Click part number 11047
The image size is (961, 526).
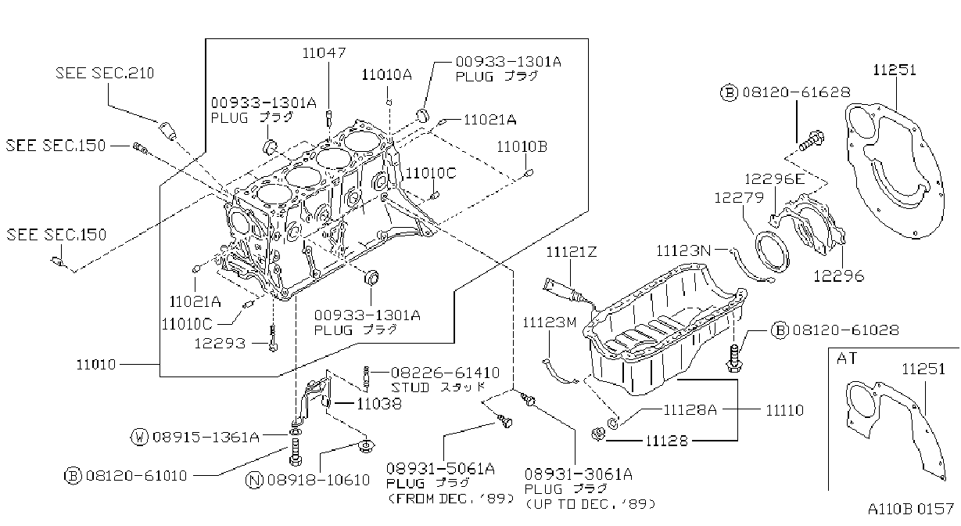[x=324, y=52]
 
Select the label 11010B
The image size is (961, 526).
[x=522, y=147]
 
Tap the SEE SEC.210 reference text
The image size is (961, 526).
[x=105, y=73]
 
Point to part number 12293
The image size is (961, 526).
[x=220, y=344]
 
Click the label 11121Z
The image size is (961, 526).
[x=571, y=251]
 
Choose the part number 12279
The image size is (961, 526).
[x=739, y=197]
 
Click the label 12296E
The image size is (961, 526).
[x=774, y=179]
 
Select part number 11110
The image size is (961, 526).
[x=785, y=410]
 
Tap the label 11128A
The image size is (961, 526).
[x=690, y=410]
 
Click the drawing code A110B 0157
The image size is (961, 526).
[x=910, y=509]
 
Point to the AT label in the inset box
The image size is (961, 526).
[x=847, y=358]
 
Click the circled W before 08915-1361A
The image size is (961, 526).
[x=139, y=437]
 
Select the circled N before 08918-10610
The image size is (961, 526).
[x=254, y=480]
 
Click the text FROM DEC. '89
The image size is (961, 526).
[x=451, y=499]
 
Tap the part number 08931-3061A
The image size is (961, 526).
[x=579, y=474]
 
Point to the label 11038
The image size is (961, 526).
[x=379, y=404]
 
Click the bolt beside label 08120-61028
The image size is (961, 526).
[x=734, y=358]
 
